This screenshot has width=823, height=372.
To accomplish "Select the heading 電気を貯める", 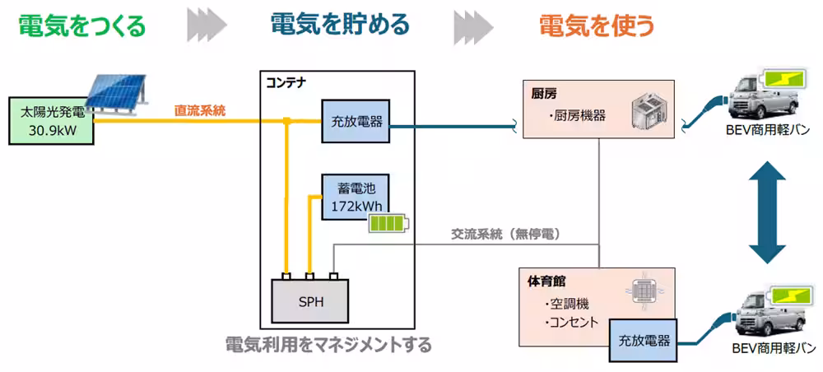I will [x=340, y=26].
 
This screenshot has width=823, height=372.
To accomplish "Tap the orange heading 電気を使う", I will [x=597, y=26].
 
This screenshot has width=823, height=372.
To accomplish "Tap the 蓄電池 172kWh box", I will [x=354, y=197].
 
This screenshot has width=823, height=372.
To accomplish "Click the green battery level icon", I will [x=386, y=225].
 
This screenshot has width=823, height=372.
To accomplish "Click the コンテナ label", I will [x=288, y=83].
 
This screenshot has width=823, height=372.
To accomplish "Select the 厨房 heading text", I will [x=544, y=95].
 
